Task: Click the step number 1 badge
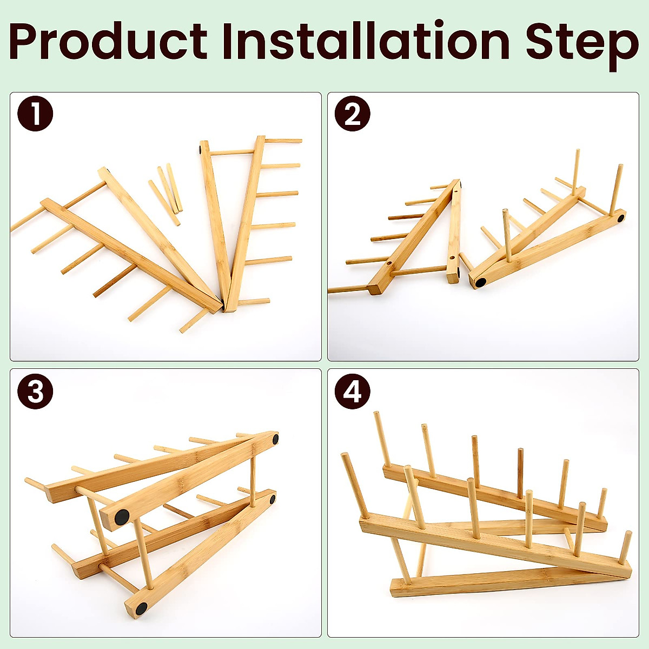35,114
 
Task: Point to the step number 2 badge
352,114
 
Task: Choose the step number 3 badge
35,390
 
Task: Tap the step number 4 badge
352,390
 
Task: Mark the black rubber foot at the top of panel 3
275,439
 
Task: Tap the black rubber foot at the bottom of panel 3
141,608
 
